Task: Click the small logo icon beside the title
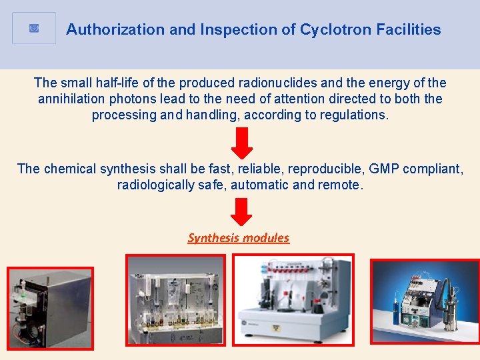[x=35, y=29]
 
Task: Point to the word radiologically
[x=155, y=185]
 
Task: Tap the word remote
[x=342, y=185]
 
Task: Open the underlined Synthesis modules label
[x=239, y=238]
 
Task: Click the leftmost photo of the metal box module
[x=50, y=308]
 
